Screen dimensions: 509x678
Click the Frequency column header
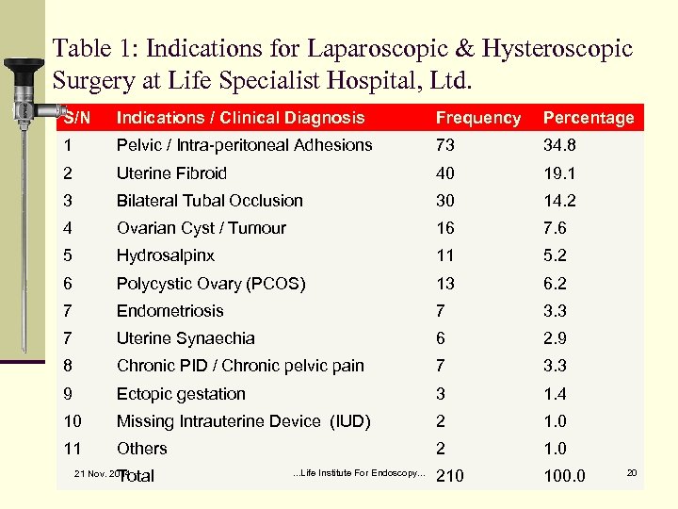tap(477, 118)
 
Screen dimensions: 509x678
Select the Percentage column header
tap(589, 118)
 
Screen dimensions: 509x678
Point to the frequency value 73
tap(444, 145)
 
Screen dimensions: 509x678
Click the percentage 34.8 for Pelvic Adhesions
tap(559, 145)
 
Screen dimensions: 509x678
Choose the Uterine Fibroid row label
tap(171, 173)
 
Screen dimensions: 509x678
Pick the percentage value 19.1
tap(559, 173)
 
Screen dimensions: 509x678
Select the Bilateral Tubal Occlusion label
tap(209, 201)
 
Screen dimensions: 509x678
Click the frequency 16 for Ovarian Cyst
tap(444, 228)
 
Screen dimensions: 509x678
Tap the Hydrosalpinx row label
tap(165, 255)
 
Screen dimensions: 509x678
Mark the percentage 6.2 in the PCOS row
tap(555, 284)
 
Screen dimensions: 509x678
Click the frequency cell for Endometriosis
tap(440, 311)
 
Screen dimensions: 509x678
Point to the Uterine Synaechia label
tap(186, 338)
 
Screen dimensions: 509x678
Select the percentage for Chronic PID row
tap(555, 366)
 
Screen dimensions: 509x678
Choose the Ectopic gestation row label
tap(181, 394)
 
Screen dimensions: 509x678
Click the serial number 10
tap(73, 421)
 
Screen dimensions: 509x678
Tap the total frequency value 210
tap(450, 476)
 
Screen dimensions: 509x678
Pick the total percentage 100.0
tap(564, 476)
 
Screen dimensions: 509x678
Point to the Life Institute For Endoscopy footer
tap(360, 472)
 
